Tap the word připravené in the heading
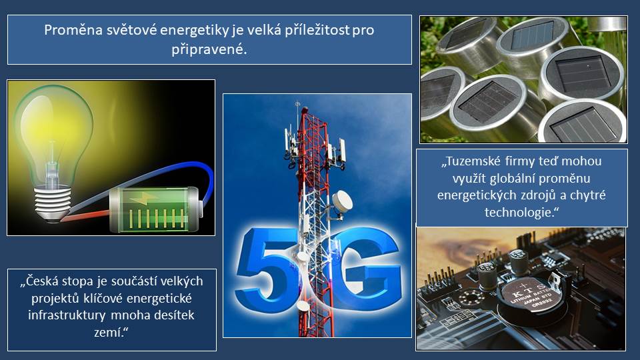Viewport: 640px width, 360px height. coord(208,50)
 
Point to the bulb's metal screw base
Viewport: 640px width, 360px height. coord(52,203)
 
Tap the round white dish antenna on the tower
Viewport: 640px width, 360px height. coord(342,201)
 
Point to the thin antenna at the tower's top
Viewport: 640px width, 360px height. coord(297,110)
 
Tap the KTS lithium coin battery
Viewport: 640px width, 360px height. coord(531,297)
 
